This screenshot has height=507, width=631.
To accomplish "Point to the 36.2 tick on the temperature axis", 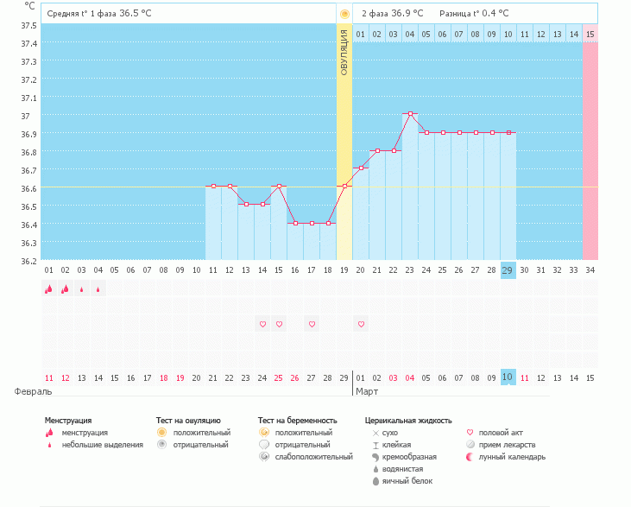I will pyautogui.click(x=28, y=261).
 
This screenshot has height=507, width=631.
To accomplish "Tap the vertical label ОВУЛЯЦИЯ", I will pyautogui.click(x=344, y=52).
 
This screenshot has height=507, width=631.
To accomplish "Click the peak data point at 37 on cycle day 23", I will pyautogui.click(x=410, y=114).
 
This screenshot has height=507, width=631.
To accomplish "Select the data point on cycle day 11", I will pyautogui.click(x=213, y=187).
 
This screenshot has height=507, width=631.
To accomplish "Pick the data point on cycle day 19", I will pyautogui.click(x=344, y=187).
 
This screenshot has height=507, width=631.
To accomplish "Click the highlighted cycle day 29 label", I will pyautogui.click(x=508, y=269).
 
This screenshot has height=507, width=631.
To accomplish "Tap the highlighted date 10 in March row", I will pyautogui.click(x=508, y=378).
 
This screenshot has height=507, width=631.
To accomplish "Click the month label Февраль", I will pyautogui.click(x=28, y=391).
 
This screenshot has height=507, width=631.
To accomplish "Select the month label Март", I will pyautogui.click(x=366, y=391).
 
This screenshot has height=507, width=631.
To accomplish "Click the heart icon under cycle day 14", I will pyautogui.click(x=262, y=324).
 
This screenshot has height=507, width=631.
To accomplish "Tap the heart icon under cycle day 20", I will pyautogui.click(x=362, y=324).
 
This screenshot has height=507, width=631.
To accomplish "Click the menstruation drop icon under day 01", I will pyautogui.click(x=49, y=289).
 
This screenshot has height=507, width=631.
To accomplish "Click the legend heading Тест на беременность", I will pyautogui.click(x=297, y=421).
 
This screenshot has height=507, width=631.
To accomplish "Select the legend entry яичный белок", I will pyautogui.click(x=402, y=480).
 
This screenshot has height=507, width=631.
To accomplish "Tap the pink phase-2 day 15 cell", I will pyautogui.click(x=590, y=34).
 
